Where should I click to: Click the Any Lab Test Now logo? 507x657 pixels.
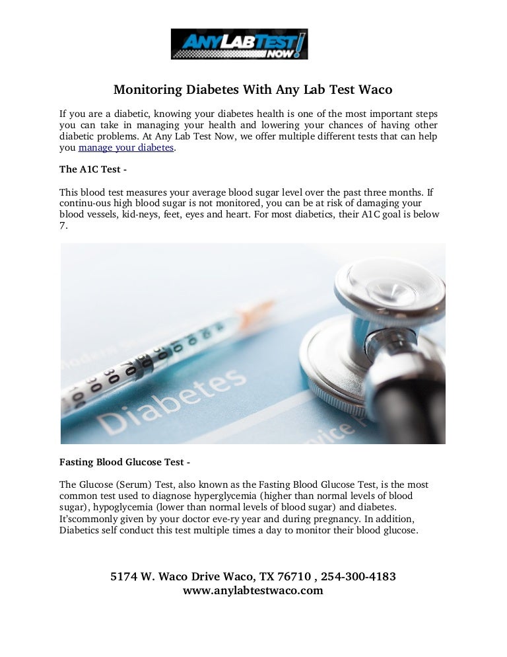(x=239, y=44)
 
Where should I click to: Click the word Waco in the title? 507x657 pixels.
(x=374, y=89)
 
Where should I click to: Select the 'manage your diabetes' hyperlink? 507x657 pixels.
(x=126, y=148)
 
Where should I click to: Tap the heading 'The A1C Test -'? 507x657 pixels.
(x=93, y=169)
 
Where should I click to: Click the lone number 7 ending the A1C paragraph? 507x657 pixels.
(x=62, y=225)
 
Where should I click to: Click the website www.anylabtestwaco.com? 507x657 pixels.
(x=253, y=590)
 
